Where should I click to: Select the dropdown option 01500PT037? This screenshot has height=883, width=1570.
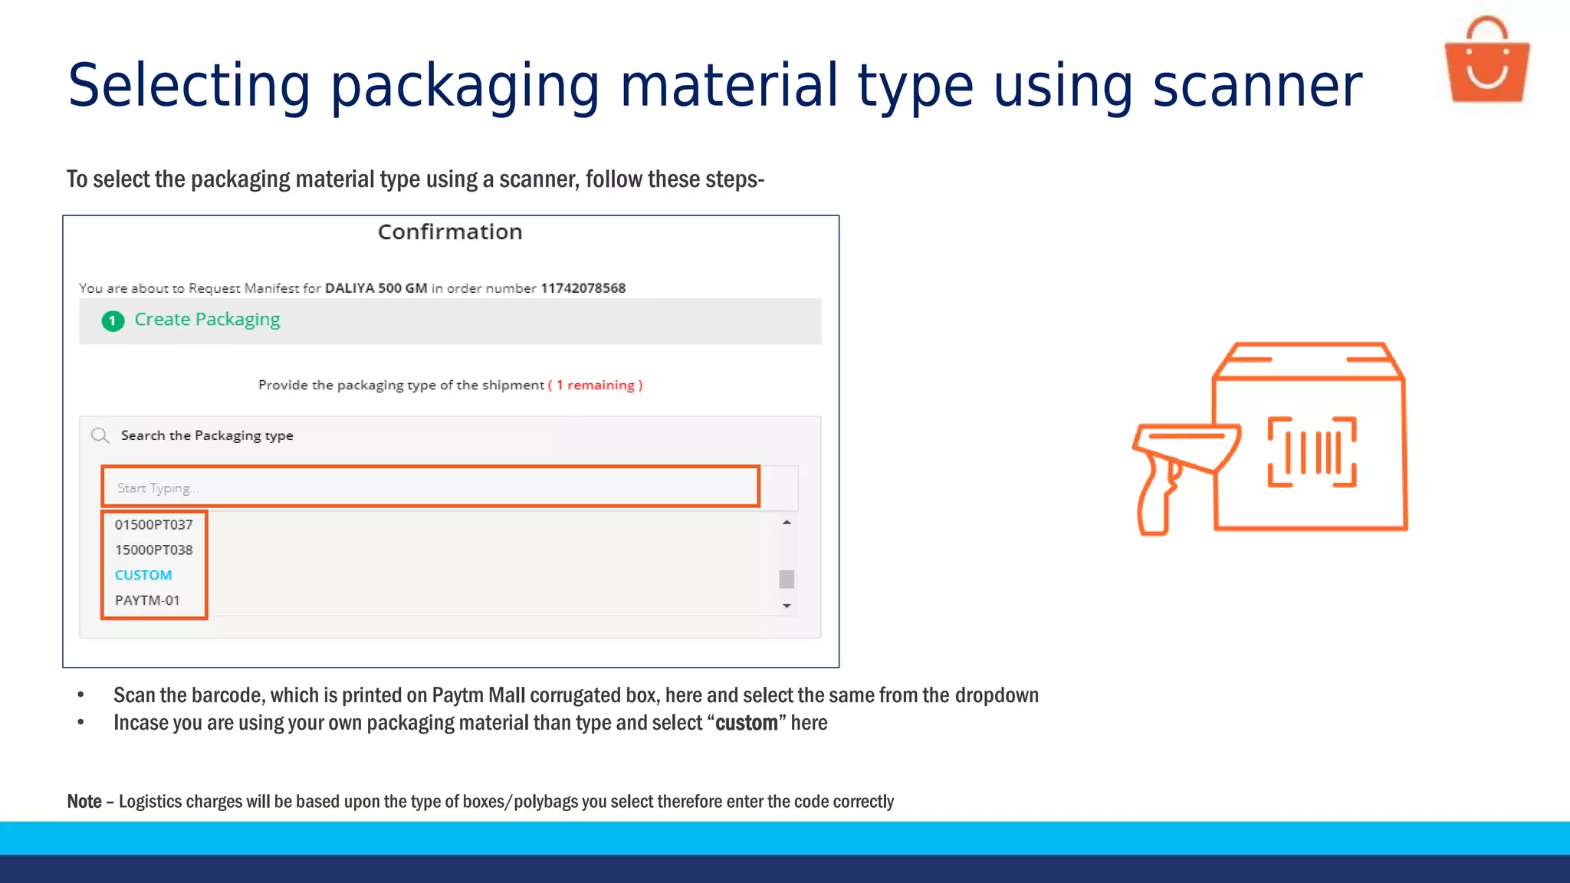[x=153, y=525]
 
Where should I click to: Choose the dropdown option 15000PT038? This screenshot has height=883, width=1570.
[x=153, y=550]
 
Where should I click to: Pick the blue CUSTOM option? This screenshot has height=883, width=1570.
[x=143, y=576]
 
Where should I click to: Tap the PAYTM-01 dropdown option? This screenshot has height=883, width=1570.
[x=147, y=601]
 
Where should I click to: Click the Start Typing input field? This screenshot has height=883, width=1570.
[x=429, y=487]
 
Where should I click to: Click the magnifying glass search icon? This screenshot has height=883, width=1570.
[x=100, y=436]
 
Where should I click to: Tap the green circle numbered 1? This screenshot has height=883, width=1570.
[x=113, y=320]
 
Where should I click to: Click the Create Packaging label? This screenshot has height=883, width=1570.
[x=207, y=320]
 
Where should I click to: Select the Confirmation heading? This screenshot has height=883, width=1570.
[x=450, y=232]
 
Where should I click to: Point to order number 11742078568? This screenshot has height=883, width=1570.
[x=583, y=288]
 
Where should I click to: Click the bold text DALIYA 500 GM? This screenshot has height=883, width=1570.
[x=376, y=288]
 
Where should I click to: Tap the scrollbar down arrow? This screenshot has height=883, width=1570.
[x=787, y=606]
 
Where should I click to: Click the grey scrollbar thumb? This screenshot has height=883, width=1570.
[x=787, y=579]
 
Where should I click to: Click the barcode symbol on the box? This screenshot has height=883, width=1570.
[x=1312, y=452]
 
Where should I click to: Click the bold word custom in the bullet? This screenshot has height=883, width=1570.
[x=746, y=724]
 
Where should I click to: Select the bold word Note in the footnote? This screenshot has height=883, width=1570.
[x=84, y=802]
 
